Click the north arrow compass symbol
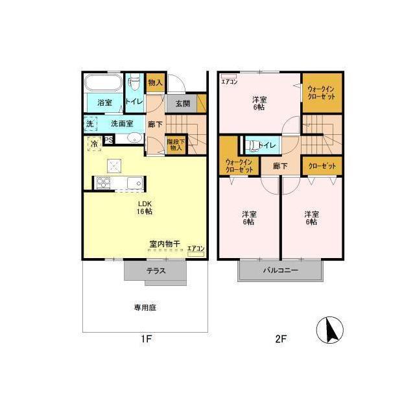330,330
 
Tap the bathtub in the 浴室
103,82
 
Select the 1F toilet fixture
135,82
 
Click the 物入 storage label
156,82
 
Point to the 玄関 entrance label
183,104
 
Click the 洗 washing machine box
90,124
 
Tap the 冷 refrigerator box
94,144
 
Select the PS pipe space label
109,140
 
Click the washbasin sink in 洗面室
135,138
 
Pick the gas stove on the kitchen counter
103,183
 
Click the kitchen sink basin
135,183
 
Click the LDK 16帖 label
145,207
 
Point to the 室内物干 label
165,244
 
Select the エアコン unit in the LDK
196,254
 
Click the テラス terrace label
156,271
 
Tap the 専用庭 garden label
145,307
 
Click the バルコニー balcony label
281,270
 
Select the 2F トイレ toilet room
262,145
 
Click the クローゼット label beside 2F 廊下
322,166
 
